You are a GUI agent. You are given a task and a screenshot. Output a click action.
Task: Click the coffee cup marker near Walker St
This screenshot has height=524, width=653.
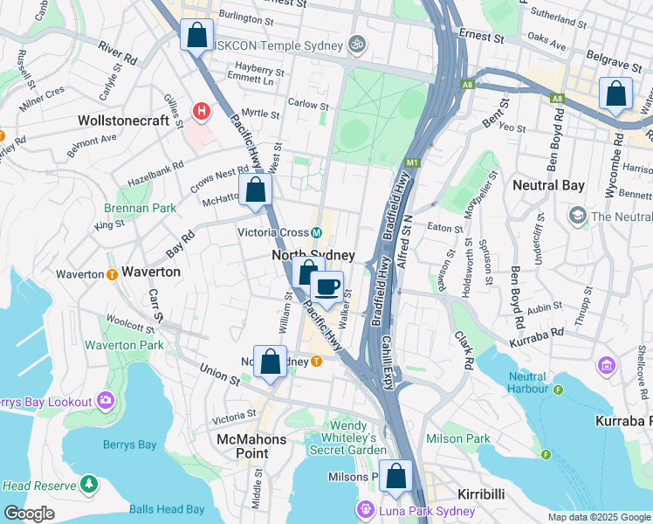pos(327,287)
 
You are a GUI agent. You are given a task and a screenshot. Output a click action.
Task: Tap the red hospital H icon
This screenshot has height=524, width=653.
pos(203,111)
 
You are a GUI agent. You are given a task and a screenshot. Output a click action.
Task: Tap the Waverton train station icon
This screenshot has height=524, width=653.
pos(112,274)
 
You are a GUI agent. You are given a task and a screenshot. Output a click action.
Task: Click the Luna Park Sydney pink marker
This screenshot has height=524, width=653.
pos(363,510)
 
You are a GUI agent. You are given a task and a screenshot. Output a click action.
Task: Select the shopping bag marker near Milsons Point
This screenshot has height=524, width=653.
pos(396,476)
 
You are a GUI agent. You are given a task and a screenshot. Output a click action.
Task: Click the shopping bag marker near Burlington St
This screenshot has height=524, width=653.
pos(196,36)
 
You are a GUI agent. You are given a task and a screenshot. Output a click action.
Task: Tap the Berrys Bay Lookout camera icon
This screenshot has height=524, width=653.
pos(106,401)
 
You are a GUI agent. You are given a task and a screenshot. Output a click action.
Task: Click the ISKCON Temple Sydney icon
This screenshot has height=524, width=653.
pos(355,43)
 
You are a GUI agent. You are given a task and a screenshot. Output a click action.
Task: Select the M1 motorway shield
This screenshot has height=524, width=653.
pos(413,162)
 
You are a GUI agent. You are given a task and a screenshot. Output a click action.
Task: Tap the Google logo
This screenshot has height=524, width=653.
pos(29,513)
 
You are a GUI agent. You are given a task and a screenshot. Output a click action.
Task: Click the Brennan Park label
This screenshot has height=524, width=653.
pos(140,208)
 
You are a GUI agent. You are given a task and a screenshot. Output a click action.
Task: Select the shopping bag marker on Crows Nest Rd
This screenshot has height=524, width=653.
pos(256,190)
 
